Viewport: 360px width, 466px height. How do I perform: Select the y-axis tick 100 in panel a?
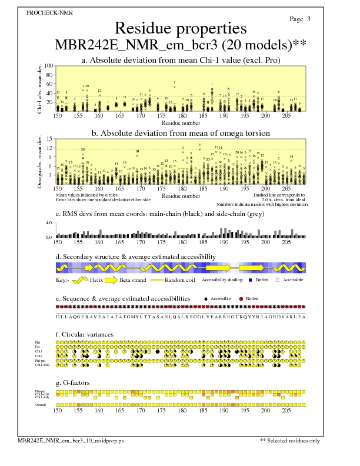point(49,66)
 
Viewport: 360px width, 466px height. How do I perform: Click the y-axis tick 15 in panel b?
point(51,139)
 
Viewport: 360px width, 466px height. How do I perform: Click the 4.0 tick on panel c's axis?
point(49,224)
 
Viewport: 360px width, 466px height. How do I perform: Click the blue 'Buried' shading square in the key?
point(251,281)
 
